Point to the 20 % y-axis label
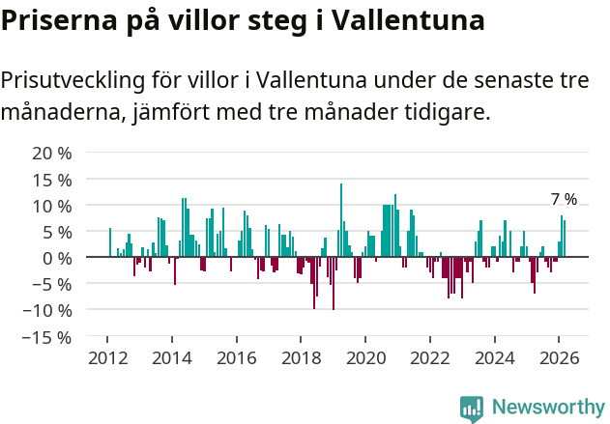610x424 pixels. (52, 154)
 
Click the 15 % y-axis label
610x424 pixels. (52, 180)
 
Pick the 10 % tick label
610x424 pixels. (52, 206)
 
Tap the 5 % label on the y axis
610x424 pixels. (56, 232)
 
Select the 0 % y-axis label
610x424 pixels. (56, 258)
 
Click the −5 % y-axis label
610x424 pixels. (52, 284)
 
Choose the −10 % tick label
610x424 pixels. (47, 310)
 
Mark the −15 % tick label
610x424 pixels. (47, 337)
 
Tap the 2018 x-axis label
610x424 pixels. (301, 357)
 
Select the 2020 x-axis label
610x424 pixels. (365, 357)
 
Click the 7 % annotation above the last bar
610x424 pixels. (564, 199)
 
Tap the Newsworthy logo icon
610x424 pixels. (472, 408)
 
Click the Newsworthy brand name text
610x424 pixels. (547, 408)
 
